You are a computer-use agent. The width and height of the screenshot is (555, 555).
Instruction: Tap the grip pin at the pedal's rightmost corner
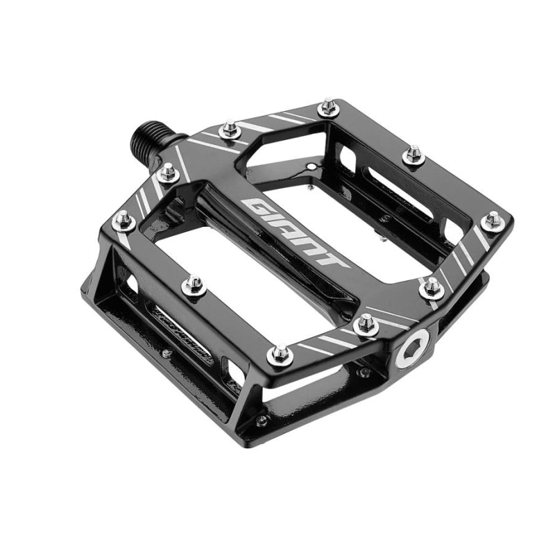[x=493, y=221]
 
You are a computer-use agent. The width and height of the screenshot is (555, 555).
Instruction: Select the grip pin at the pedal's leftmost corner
[x=123, y=220]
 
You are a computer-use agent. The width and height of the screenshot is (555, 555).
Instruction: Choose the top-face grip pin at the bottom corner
[x=279, y=355]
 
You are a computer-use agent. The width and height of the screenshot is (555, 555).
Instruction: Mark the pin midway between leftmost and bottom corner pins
[x=194, y=284]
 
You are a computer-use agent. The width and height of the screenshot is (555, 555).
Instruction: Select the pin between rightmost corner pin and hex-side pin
[x=432, y=286]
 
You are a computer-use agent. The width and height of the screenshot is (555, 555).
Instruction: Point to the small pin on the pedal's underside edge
[x=261, y=421]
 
